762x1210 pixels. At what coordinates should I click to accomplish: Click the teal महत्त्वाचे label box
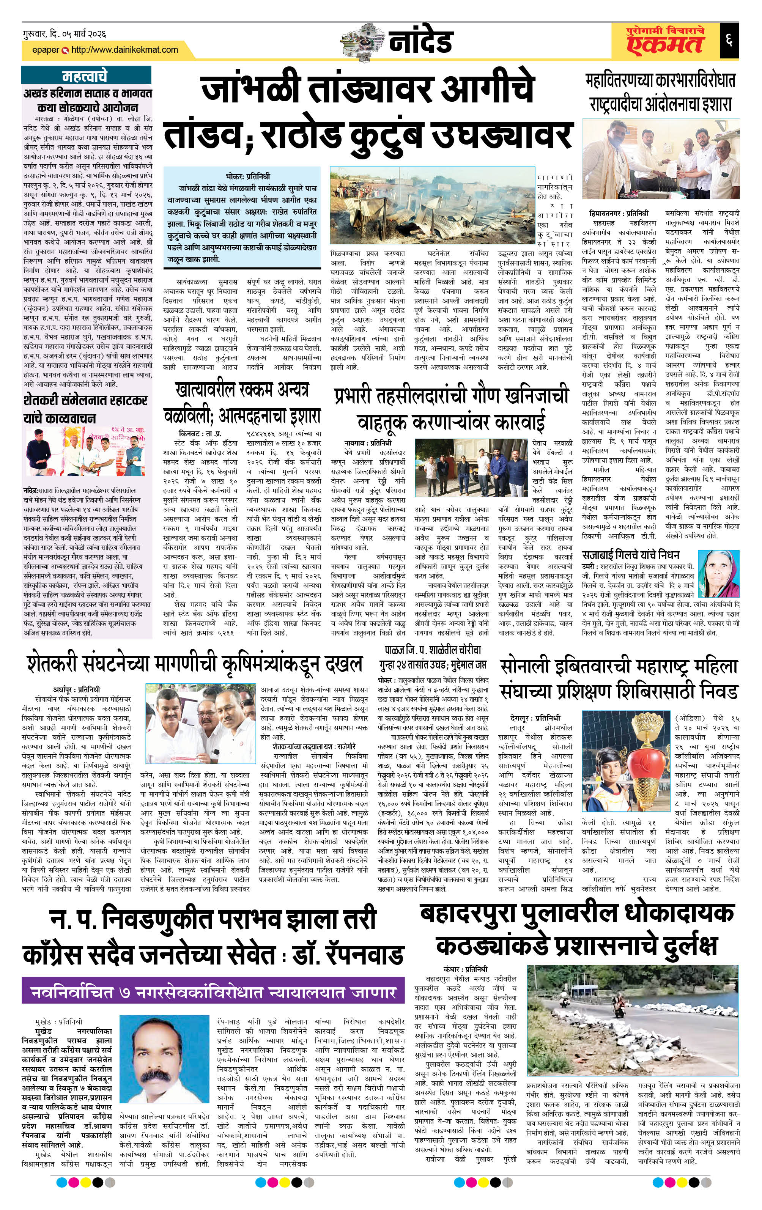tap(85, 76)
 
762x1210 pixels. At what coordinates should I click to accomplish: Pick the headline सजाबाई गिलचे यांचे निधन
tap(630, 555)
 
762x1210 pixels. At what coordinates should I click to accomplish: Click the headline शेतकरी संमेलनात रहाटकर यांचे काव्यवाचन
tap(85, 409)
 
